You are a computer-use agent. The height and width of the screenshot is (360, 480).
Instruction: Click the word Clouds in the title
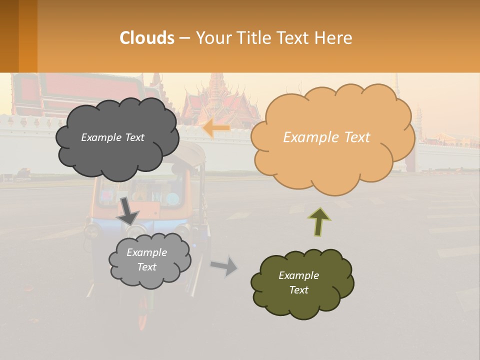tap(147, 38)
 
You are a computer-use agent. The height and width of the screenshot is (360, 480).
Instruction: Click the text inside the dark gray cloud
tap(112, 137)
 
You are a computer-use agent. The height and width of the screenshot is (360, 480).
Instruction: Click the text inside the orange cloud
tap(326, 137)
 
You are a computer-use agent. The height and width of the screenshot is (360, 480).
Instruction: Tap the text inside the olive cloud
tap(298, 282)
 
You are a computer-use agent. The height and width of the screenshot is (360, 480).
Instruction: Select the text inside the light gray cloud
tap(146, 259)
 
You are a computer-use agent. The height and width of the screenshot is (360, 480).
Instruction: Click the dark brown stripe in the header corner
tap(9, 36)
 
